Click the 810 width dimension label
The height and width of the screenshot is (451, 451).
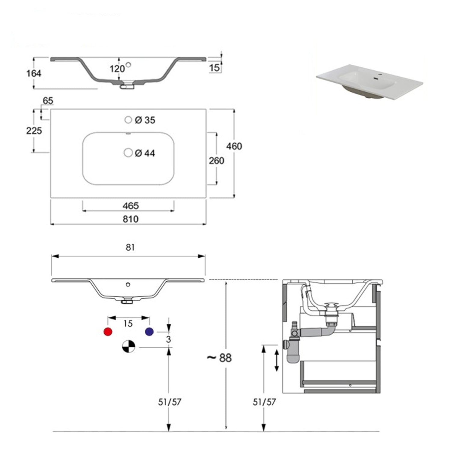(x=130, y=219)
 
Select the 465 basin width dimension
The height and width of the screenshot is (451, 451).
(x=130, y=206)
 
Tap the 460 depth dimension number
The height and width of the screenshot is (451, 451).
(x=234, y=146)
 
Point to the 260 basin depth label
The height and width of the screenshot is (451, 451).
(x=216, y=161)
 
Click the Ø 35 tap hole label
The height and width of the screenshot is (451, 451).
(x=145, y=120)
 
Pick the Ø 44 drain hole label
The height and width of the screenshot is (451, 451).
(x=145, y=153)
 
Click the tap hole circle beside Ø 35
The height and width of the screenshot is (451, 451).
(x=128, y=120)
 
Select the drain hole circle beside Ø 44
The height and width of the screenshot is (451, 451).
(x=128, y=153)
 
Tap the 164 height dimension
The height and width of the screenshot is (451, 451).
(x=33, y=73)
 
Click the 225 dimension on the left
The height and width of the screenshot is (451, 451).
(x=34, y=130)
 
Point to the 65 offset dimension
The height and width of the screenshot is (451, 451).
(x=48, y=101)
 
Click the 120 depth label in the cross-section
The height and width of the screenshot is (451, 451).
(x=117, y=69)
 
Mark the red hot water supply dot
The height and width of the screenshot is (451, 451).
(x=108, y=332)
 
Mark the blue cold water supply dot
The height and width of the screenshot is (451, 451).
(x=149, y=332)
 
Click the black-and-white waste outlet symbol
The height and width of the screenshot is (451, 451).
(x=129, y=346)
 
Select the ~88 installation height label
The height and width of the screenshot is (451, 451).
(x=219, y=358)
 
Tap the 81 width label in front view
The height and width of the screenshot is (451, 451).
(x=130, y=247)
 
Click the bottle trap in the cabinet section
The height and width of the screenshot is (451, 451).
(x=292, y=349)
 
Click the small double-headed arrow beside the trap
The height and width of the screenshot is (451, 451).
(x=277, y=360)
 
